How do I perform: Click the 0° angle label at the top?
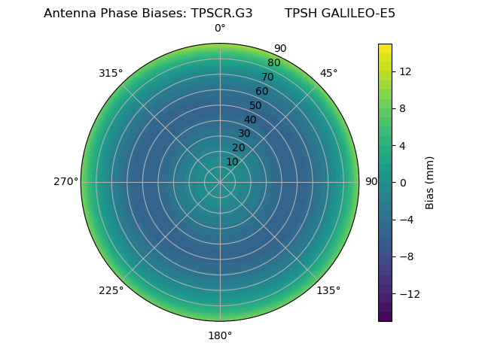pyautogui.click(x=220, y=29)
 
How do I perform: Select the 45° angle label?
pyautogui.click(x=328, y=74)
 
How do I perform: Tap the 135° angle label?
pyautogui.click(x=328, y=290)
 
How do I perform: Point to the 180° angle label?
pyautogui.click(x=220, y=335)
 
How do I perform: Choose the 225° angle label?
pyautogui.click(x=111, y=290)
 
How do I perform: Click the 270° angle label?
pyautogui.click(x=66, y=182)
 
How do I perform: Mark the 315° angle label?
pyautogui.click(x=111, y=74)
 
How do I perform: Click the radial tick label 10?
pyautogui.click(x=232, y=162)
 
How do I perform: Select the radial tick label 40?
pyautogui.click(x=250, y=120)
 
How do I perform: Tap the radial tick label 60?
pyautogui.click(x=261, y=92)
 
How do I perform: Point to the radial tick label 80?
pyautogui.click(x=273, y=63)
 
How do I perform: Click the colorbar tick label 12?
pyautogui.click(x=404, y=71)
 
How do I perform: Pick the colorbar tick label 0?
pyautogui.click(x=402, y=183)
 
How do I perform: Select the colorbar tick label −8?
pyautogui.click(x=405, y=256)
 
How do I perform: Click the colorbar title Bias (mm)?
pyautogui.click(x=430, y=183)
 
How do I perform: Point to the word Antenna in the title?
pyautogui.click(x=68, y=14)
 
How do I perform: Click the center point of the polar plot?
pyautogui.click(x=220, y=182)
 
